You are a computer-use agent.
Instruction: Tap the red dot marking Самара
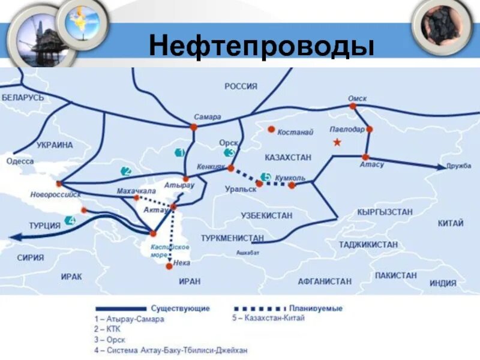194,127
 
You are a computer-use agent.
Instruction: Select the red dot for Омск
353,106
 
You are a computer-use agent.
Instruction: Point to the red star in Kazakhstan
337,142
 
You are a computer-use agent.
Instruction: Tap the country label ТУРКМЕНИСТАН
233,238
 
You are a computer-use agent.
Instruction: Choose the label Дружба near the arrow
458,166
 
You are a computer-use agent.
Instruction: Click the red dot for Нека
169,266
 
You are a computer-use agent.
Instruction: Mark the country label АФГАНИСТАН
325,281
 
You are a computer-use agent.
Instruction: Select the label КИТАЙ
450,223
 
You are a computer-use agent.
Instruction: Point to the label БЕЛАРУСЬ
23,97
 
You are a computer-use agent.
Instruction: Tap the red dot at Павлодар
370,129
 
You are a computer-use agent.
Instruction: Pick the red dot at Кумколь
292,185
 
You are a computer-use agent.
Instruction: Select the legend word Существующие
180,308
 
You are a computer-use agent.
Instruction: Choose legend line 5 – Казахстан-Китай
268,318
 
